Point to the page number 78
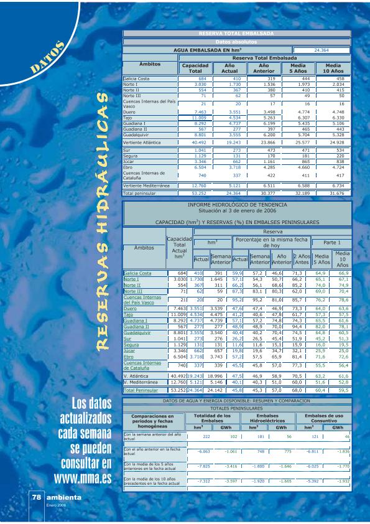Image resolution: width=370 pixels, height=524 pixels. (37, 498)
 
